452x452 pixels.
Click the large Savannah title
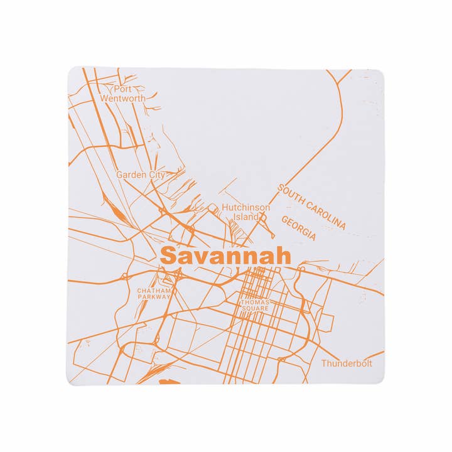tap(225, 256)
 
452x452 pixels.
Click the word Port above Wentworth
tap(122, 89)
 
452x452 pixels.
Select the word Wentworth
tap(122, 99)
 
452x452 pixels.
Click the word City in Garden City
tap(156, 175)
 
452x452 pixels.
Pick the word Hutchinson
tap(246, 208)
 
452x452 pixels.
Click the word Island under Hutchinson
tap(245, 217)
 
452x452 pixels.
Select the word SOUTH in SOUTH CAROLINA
tap(291, 195)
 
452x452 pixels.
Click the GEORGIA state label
tap(298, 229)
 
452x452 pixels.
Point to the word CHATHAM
tap(153, 291)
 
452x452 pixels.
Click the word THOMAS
tap(255, 303)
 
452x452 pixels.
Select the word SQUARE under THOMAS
tap(255, 308)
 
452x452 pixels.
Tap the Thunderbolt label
tap(347, 363)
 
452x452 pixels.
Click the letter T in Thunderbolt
tap(324, 363)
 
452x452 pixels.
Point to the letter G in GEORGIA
tap(284, 220)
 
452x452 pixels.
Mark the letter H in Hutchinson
tap(225, 208)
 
